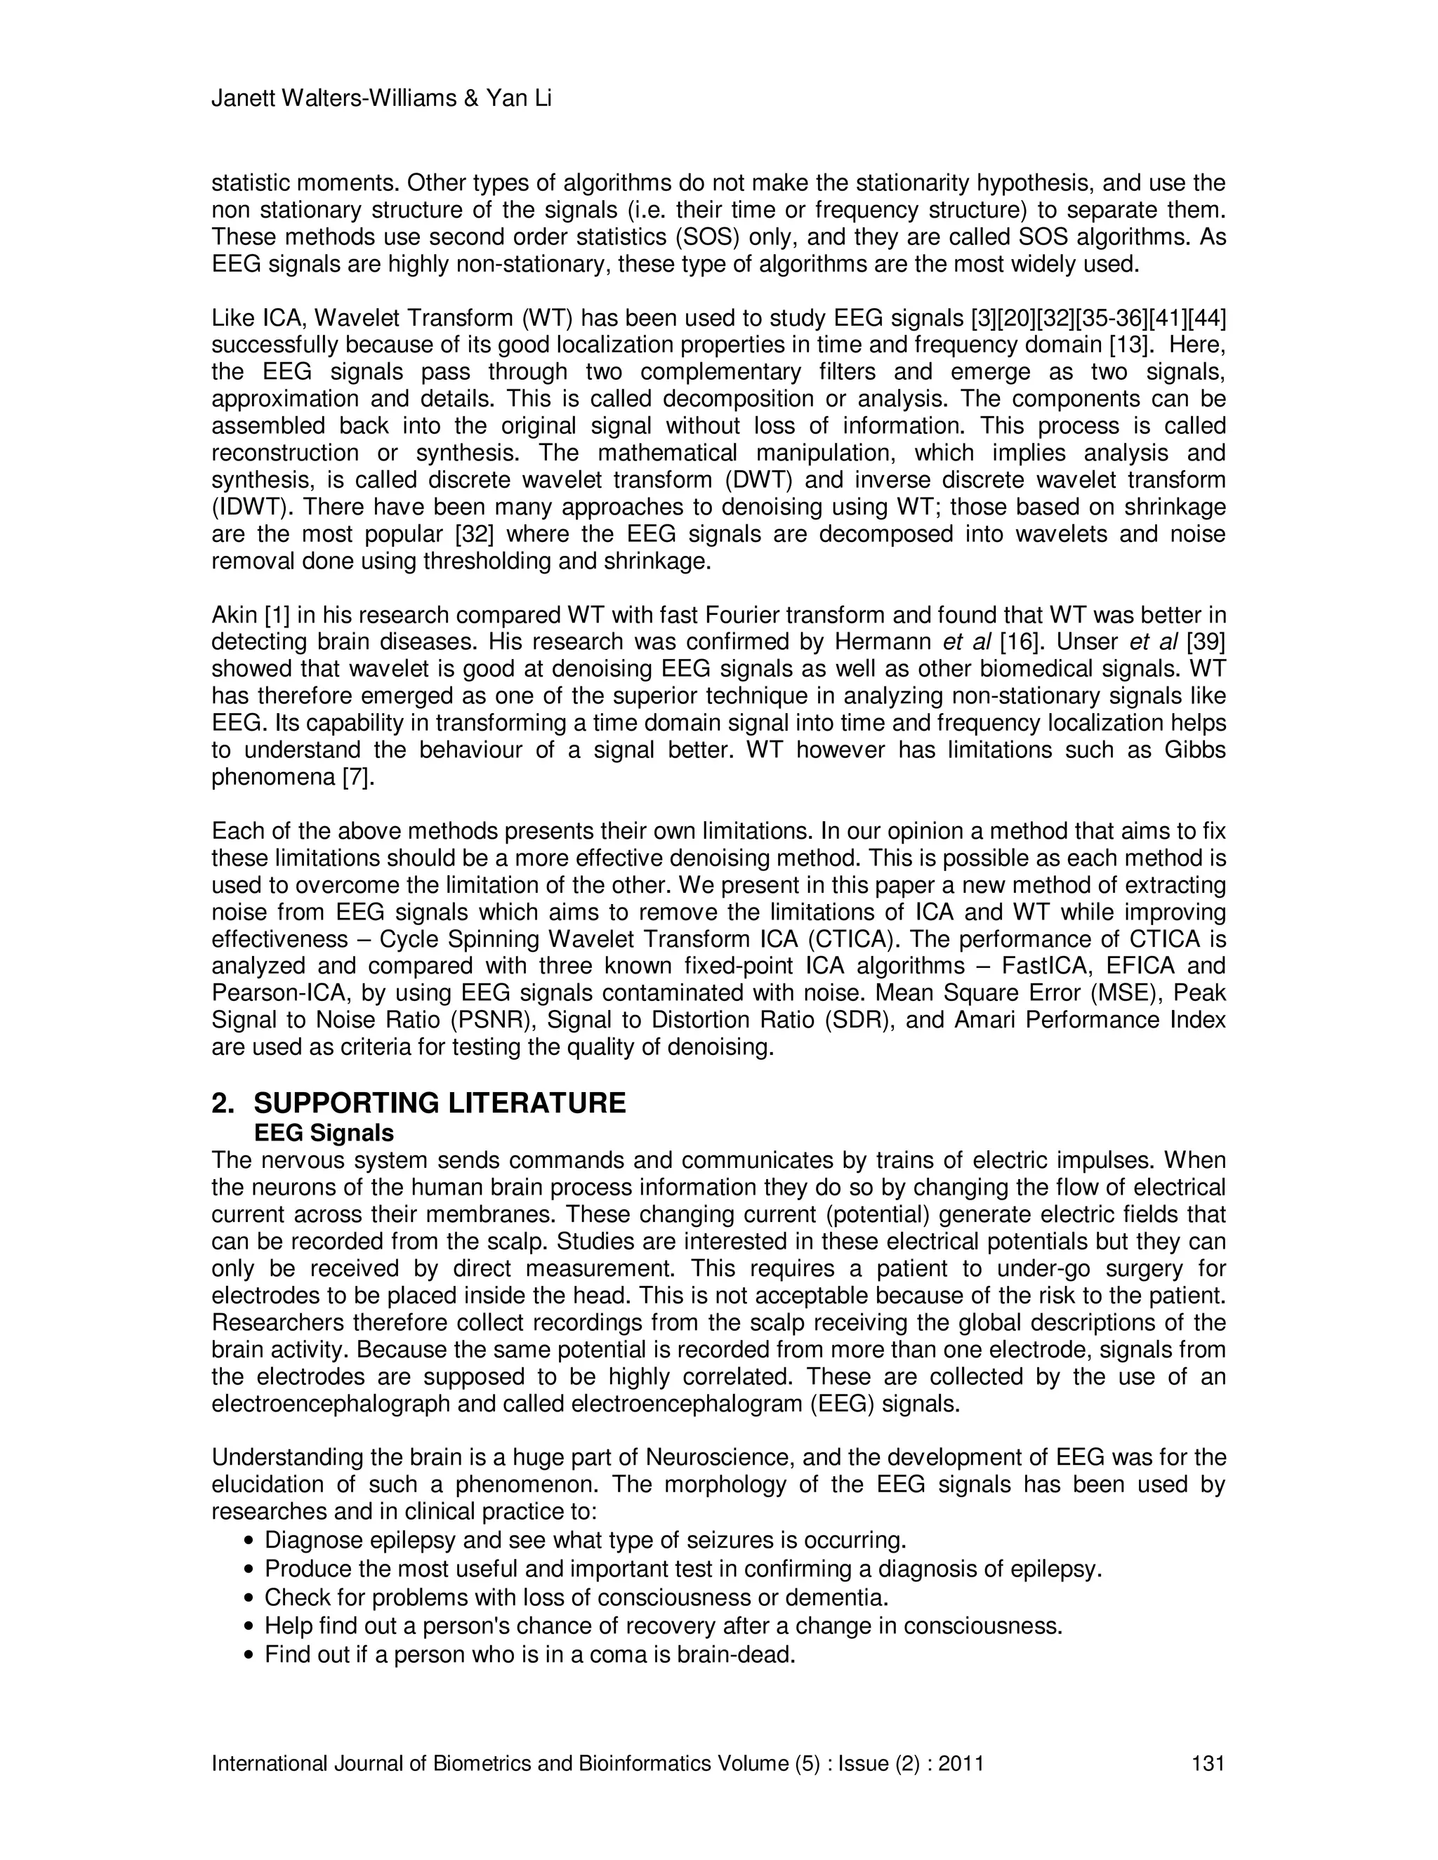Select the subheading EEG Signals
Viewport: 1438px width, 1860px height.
point(324,1134)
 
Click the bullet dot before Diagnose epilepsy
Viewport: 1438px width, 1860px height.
point(249,1541)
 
